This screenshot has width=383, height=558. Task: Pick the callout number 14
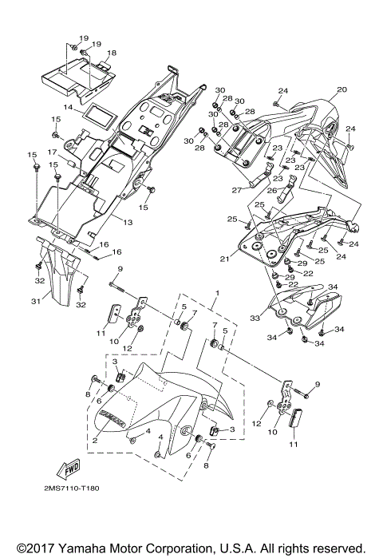pyautogui.click(x=69, y=106)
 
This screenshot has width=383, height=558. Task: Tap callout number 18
pyautogui.click(x=112, y=53)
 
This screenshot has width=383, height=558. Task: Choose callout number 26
pyautogui.click(x=271, y=191)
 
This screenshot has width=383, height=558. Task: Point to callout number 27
pyautogui.click(x=237, y=190)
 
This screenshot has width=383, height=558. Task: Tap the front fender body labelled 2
pyautogui.click(x=152, y=399)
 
